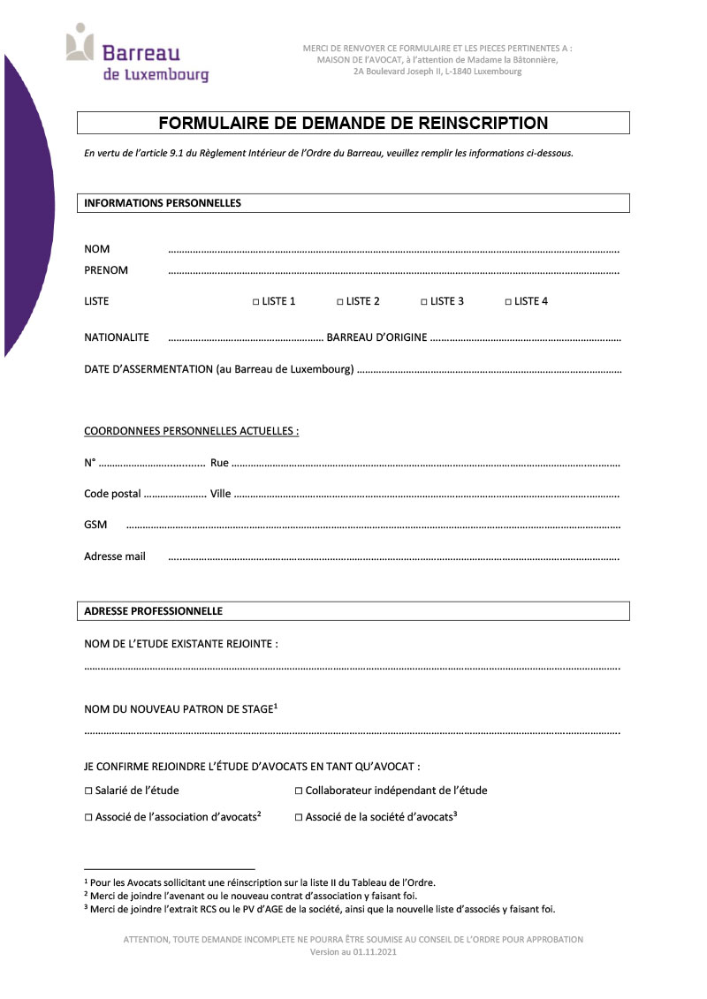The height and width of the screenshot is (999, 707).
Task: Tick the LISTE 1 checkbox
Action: click(255, 302)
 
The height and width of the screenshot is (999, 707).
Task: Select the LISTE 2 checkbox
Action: click(340, 302)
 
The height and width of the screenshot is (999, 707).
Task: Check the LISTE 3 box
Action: click(424, 302)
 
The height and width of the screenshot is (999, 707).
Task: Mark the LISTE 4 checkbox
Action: click(508, 302)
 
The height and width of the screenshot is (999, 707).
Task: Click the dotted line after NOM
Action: click(393, 252)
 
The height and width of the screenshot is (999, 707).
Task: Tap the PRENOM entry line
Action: click(393, 272)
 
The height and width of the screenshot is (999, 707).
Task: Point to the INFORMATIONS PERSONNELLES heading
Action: click(163, 203)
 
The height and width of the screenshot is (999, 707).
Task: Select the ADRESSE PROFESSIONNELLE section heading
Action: click(153, 611)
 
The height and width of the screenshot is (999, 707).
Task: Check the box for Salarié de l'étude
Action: click(88, 791)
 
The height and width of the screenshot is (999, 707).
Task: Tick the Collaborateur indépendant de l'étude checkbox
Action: click(299, 791)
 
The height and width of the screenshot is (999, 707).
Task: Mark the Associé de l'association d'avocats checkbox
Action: click(88, 819)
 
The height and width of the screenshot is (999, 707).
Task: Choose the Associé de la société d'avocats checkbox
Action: click(299, 819)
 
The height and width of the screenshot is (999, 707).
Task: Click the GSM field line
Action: click(371, 527)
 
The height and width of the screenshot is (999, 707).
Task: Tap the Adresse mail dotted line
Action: click(393, 559)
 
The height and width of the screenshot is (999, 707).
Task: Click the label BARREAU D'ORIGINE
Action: click(377, 337)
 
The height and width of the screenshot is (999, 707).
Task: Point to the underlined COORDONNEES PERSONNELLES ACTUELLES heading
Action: click(191, 431)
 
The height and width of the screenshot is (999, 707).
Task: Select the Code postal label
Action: click(112, 494)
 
